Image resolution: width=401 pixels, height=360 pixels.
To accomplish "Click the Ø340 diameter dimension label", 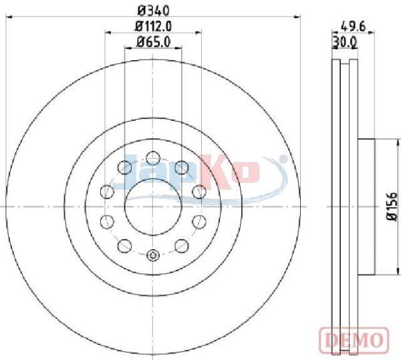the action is pyautogui.click(x=154, y=11).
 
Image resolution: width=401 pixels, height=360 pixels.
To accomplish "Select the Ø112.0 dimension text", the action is pyautogui.click(x=153, y=27).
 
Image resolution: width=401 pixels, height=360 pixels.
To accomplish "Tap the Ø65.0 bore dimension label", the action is pyautogui.click(x=153, y=42).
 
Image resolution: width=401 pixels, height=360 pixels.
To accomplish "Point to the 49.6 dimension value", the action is pyautogui.click(x=354, y=27).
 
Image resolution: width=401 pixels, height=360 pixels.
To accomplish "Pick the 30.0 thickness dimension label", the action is pyautogui.click(x=345, y=43).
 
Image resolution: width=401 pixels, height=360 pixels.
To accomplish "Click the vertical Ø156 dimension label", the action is pyautogui.click(x=392, y=206).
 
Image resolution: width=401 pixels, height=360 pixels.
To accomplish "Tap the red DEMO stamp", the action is pyautogui.click(x=354, y=339).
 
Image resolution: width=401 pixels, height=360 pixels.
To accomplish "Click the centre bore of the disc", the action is pyautogui.click(x=153, y=206).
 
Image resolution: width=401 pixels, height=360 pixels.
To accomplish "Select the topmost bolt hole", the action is pyautogui.click(x=153, y=158).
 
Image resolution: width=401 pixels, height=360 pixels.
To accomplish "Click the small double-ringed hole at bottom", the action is pyautogui.click(x=153, y=255).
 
